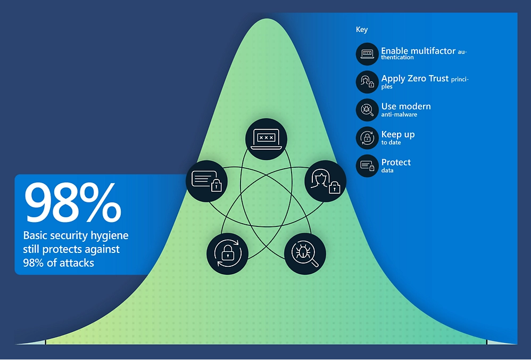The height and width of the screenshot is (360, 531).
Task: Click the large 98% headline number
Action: (x=72, y=203)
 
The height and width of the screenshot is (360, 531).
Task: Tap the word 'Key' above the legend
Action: (x=362, y=30)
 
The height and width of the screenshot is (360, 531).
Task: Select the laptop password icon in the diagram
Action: (x=266, y=139)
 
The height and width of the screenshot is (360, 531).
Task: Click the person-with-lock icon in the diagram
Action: (x=326, y=181)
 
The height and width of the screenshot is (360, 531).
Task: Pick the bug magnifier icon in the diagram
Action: (x=305, y=253)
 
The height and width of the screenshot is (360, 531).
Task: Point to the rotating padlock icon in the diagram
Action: (x=228, y=253)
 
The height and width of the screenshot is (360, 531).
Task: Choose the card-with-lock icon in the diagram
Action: (x=206, y=181)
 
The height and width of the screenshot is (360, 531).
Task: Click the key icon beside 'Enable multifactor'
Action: (x=367, y=54)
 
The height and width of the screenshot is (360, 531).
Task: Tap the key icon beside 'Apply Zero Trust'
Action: (x=367, y=81)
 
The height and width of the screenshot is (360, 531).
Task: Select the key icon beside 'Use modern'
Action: (x=367, y=110)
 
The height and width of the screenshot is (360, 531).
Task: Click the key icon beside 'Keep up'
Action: (x=367, y=138)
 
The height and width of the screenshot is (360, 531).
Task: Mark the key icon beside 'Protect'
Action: (x=367, y=166)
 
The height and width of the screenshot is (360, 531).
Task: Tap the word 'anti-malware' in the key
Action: (x=399, y=114)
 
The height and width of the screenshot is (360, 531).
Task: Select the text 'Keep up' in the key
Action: (x=398, y=135)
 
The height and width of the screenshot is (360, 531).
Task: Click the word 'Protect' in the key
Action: (x=396, y=162)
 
